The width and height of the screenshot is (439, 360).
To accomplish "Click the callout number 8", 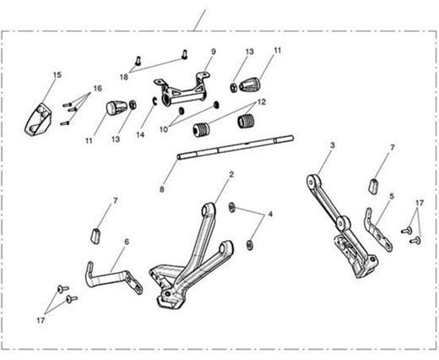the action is tap(162, 189).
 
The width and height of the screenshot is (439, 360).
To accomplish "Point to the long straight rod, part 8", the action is tap(236, 147).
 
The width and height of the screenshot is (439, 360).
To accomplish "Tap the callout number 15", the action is tap(57, 75).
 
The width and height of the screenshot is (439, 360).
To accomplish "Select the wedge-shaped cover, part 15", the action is tap(38, 120).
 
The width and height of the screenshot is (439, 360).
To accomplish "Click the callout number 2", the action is tap(231, 174).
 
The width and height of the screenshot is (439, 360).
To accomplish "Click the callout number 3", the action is tap(333, 145).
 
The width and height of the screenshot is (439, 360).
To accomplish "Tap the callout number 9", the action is tap(214, 52).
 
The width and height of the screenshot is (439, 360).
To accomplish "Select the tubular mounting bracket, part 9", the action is tap(182, 90).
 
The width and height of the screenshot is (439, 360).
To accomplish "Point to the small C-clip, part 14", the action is tap(154, 101).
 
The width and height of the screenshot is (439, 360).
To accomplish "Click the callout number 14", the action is tap(140, 134).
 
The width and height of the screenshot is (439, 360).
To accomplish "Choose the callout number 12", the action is tap(262, 102).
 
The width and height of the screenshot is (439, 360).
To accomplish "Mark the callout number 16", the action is tap(97, 89).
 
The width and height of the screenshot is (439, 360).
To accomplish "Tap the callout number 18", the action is tap(124, 77).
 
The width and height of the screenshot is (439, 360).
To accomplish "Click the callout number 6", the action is tap(127, 242).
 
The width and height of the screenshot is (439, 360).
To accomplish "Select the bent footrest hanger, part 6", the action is tap(114, 278).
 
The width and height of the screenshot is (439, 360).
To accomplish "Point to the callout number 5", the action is tap(392, 196).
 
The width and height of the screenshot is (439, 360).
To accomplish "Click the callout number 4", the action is tap(270, 214).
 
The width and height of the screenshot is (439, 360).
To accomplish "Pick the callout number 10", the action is tap(164, 129).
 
